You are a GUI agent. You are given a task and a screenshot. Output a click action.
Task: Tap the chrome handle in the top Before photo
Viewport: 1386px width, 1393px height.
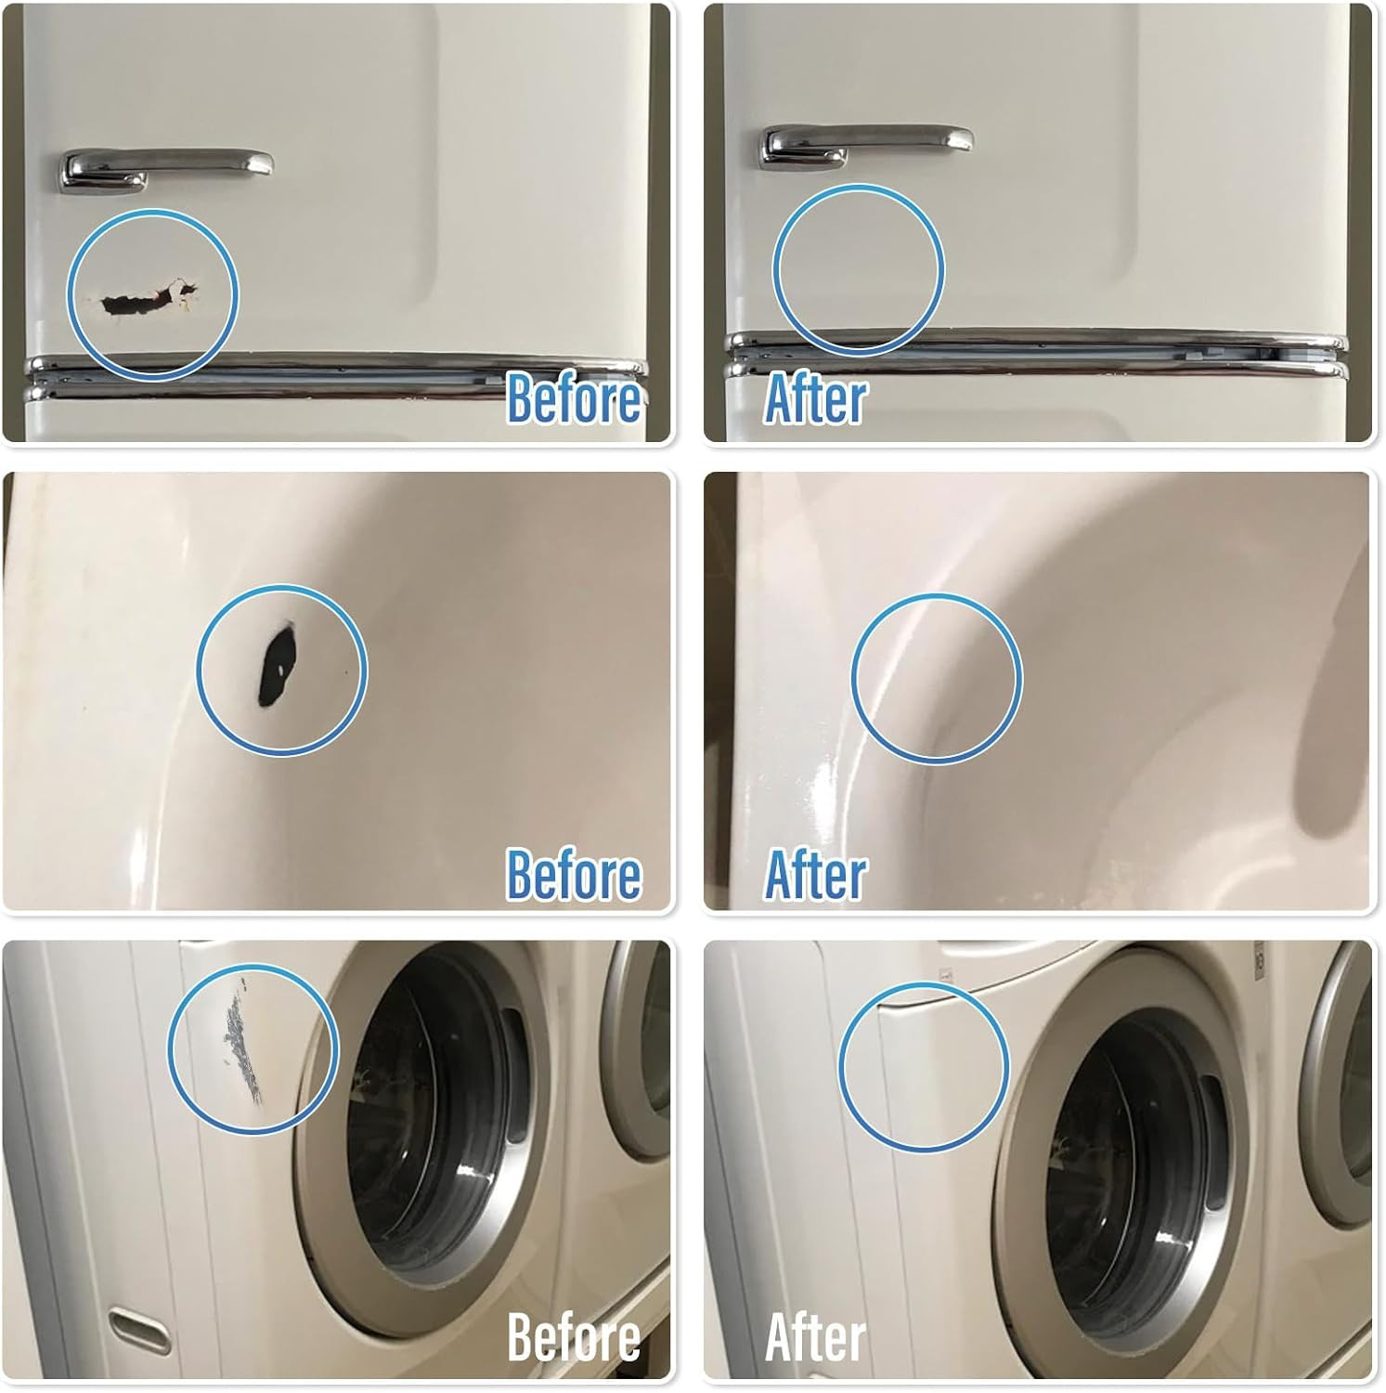167,165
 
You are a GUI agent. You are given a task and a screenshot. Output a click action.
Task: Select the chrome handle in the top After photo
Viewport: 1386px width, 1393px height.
868,142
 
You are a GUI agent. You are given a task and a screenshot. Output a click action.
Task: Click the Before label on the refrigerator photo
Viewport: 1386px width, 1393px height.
574,397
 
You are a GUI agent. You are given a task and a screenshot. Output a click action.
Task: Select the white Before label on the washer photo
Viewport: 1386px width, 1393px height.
574,1337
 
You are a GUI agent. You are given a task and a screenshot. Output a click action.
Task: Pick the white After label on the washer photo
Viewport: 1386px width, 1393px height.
815,1337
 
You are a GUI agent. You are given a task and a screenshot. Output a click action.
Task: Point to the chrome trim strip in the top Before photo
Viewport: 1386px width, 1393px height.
334,376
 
